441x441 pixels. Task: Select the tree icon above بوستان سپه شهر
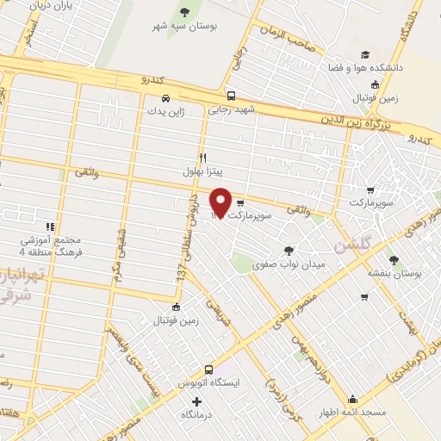(x=184, y=11)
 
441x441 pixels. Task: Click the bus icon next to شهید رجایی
(x=231, y=96)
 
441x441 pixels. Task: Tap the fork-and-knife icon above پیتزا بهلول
(x=202, y=158)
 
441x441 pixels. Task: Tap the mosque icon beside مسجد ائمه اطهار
(x=352, y=399)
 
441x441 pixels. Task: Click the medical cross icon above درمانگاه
(x=198, y=401)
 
